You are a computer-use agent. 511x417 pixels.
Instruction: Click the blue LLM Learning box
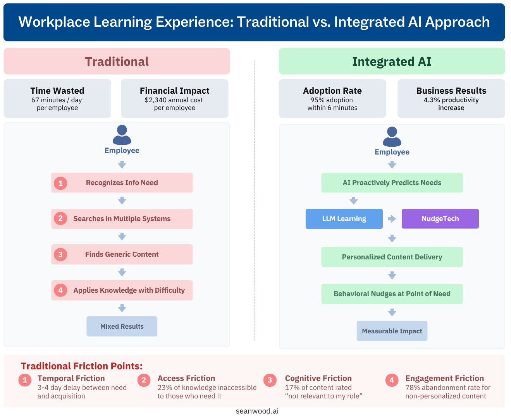(x=344, y=219)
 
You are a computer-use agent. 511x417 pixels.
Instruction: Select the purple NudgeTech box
(x=440, y=219)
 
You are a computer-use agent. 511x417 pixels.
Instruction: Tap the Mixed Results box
(x=122, y=326)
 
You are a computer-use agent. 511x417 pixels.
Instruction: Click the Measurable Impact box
(x=392, y=331)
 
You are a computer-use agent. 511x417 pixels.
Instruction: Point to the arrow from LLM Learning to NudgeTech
(x=392, y=219)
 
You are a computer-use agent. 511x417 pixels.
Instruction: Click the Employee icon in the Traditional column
(x=122, y=135)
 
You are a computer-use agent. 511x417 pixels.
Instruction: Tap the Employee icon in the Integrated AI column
(x=392, y=137)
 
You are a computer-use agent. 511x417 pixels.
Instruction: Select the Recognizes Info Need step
(x=122, y=183)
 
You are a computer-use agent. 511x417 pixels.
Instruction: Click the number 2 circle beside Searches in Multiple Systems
(x=60, y=218)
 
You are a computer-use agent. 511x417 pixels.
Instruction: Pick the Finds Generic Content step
(x=122, y=254)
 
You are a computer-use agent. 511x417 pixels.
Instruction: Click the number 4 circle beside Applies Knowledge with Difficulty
(x=60, y=290)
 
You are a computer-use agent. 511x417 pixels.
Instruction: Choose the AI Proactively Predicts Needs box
(x=392, y=183)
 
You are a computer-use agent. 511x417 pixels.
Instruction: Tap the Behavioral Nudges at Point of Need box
(x=392, y=294)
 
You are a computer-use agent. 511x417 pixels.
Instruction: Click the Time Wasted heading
(x=57, y=91)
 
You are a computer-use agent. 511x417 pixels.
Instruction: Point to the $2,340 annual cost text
(x=174, y=100)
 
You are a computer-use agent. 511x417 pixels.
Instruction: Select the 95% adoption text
(x=332, y=100)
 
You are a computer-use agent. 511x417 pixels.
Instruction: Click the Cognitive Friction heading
(x=318, y=378)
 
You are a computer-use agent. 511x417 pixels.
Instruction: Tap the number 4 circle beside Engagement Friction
(x=392, y=380)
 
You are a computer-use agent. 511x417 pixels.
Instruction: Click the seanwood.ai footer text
(x=257, y=411)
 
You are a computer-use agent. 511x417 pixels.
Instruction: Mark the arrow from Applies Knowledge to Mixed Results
(x=122, y=308)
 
